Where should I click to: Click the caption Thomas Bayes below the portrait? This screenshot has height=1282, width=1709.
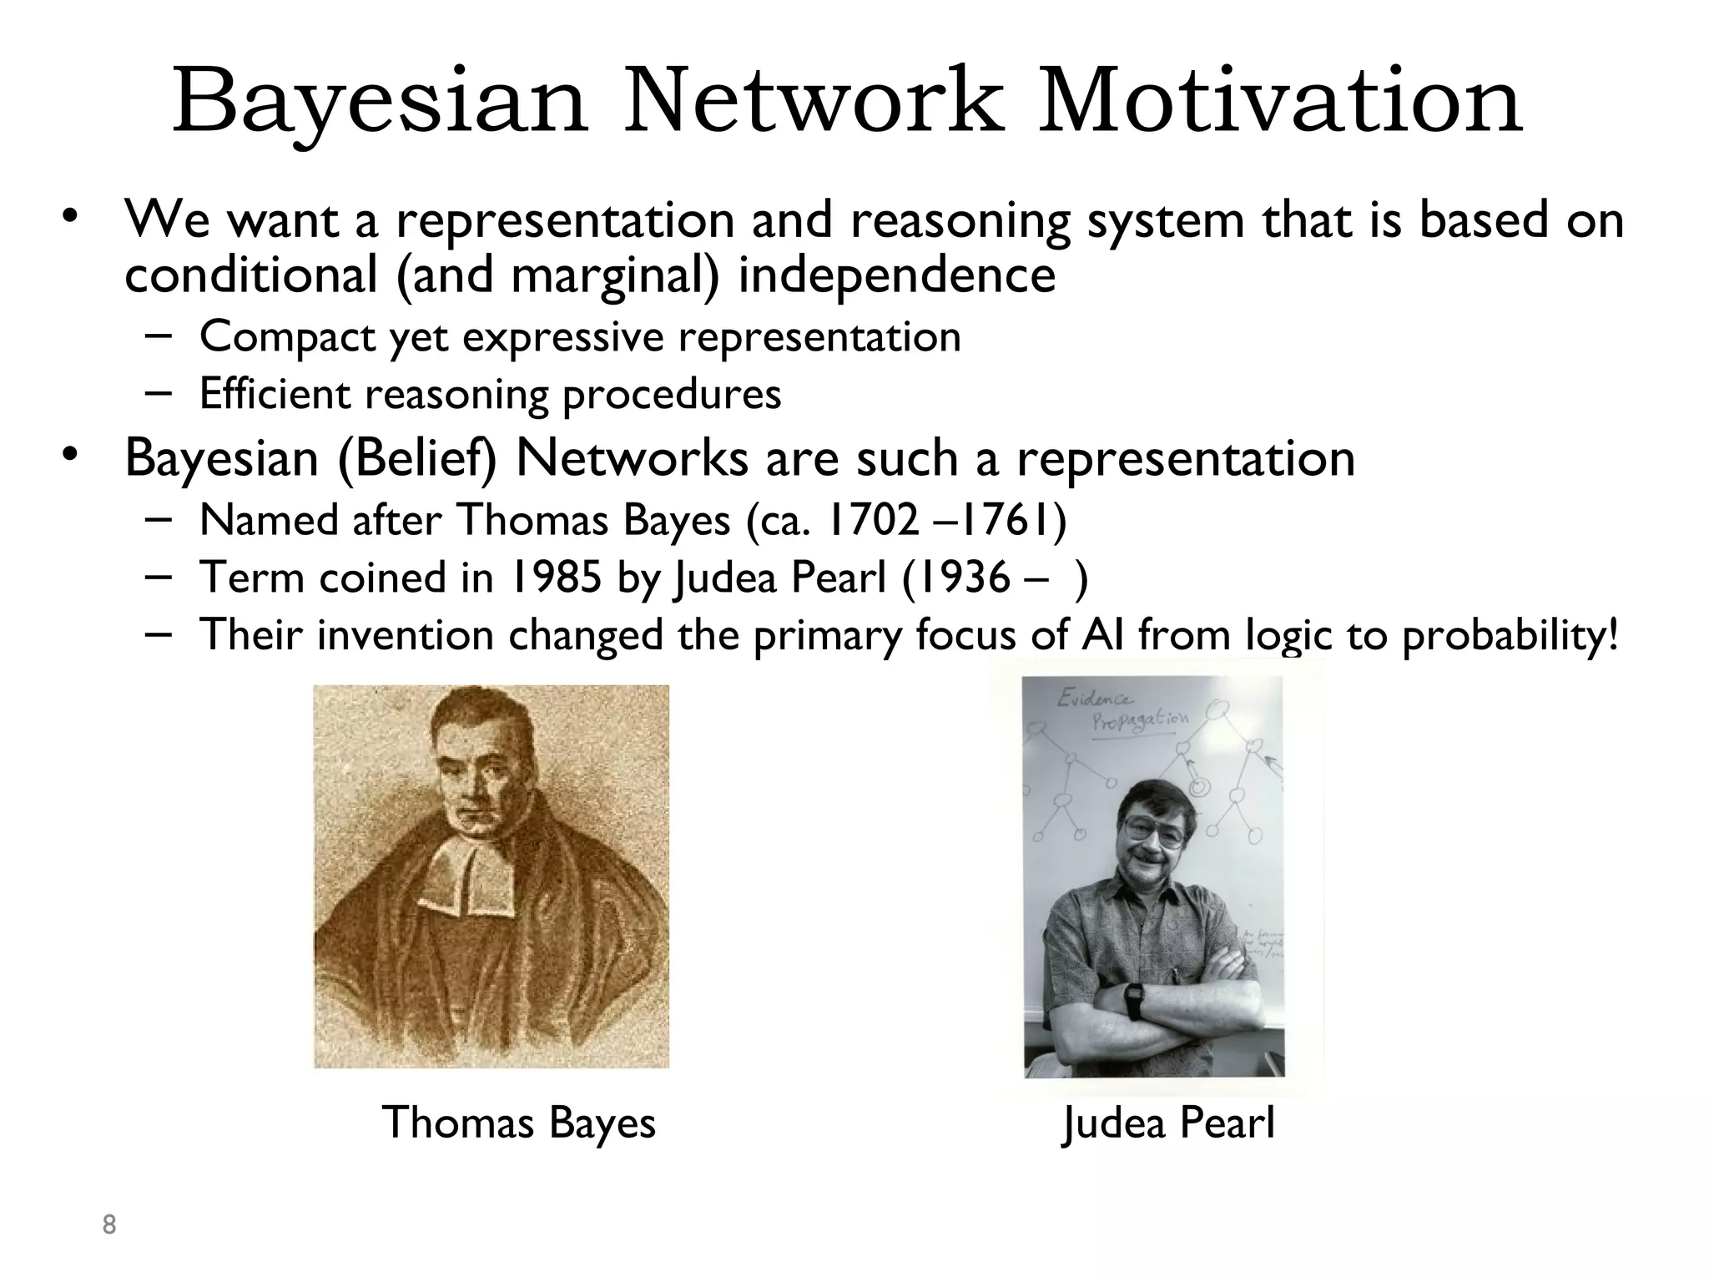click(x=518, y=1123)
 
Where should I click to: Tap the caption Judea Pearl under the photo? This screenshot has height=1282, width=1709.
click(x=1168, y=1123)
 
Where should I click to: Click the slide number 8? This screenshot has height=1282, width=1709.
click(x=108, y=1225)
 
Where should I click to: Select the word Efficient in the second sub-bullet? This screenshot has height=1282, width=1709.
click(x=275, y=394)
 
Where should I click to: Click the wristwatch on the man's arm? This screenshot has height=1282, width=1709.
click(x=1134, y=1000)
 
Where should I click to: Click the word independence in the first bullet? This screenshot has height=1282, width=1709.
click(x=896, y=275)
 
